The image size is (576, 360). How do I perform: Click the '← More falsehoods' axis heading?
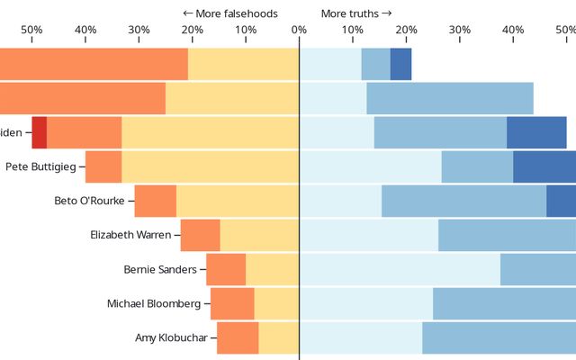pyautogui.click(x=229, y=13)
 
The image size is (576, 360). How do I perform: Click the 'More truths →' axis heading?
pyautogui.click(x=356, y=13)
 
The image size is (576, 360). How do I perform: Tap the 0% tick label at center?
pyautogui.click(x=299, y=30)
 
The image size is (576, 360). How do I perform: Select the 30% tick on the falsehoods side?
pyautogui.click(x=139, y=30)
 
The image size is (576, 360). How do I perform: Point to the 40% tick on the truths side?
pyautogui.click(x=513, y=30)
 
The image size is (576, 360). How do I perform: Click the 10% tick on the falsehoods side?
pyautogui.click(x=246, y=30)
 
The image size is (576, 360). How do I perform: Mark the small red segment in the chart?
pyautogui.click(x=39, y=132)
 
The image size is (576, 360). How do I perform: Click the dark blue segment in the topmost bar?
pyautogui.click(x=400, y=64)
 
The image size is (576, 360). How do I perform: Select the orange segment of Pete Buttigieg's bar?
pyautogui.click(x=103, y=166)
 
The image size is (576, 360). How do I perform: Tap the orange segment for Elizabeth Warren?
pyautogui.click(x=200, y=235)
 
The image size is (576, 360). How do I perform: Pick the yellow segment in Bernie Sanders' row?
pyautogui.click(x=272, y=269)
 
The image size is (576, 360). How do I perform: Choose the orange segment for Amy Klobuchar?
pyautogui.click(x=238, y=337)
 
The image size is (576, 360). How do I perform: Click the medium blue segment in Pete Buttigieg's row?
pyautogui.click(x=477, y=166)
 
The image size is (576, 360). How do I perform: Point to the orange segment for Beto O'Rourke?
pyautogui.click(x=156, y=201)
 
